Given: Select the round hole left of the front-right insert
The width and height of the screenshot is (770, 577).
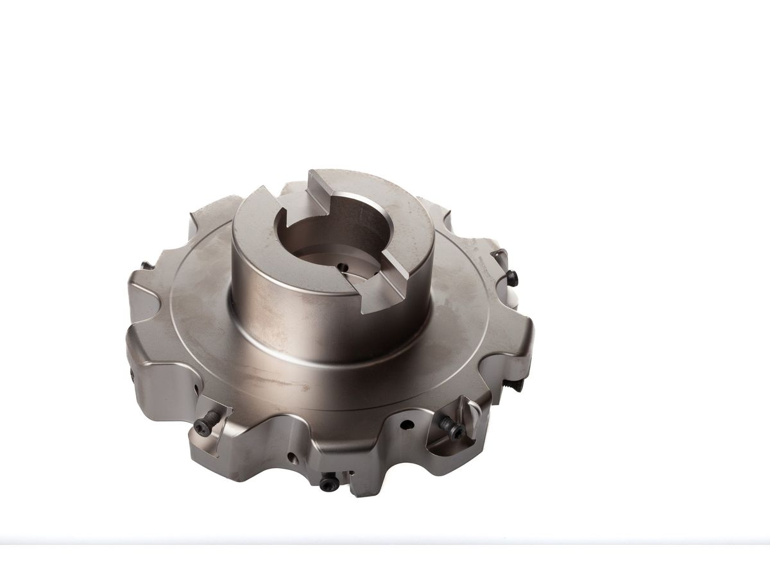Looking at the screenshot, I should point(407,424).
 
